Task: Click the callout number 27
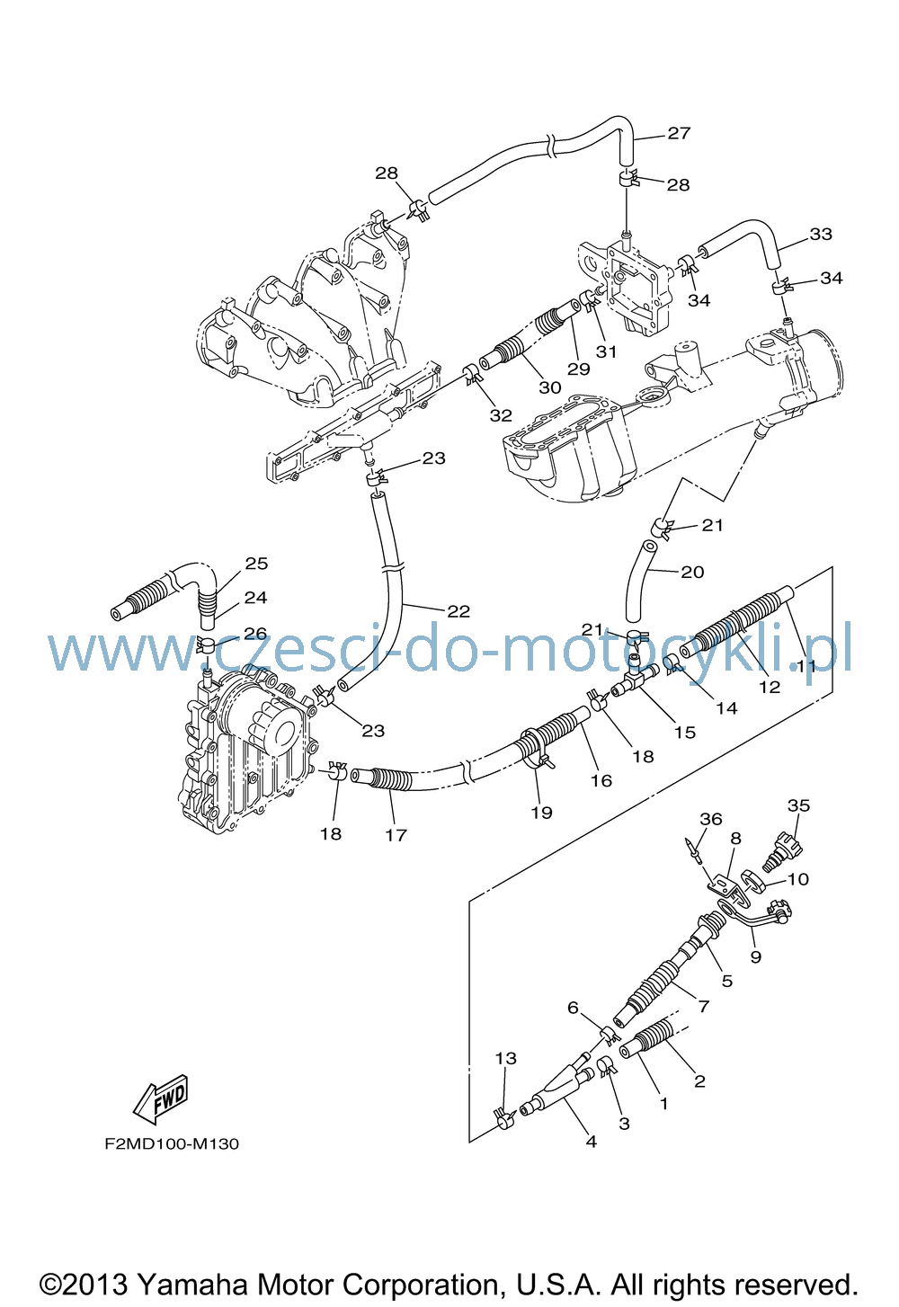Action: (679, 133)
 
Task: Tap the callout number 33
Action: (821, 234)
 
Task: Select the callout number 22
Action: (458, 611)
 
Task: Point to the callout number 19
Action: (541, 813)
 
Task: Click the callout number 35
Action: (798, 805)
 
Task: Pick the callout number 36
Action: (711, 819)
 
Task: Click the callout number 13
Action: (506, 1058)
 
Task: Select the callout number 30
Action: (549, 387)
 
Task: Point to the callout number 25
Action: (257, 563)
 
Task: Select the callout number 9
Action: (756, 957)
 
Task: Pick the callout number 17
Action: (396, 835)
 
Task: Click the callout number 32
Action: (501, 415)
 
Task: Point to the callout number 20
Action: (692, 572)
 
